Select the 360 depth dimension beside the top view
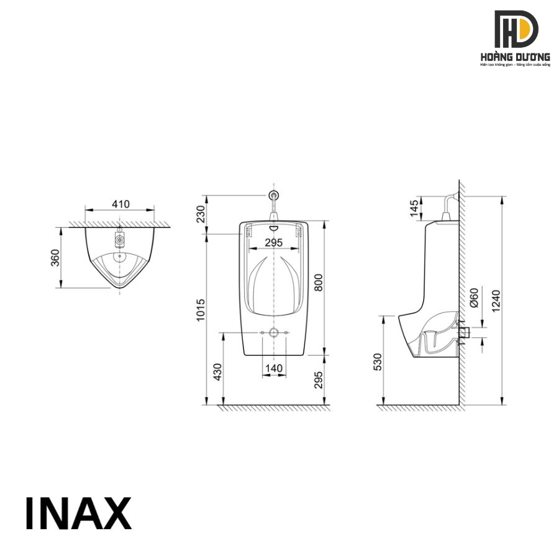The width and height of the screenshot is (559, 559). point(55,258)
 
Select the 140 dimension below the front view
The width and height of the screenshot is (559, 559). point(273,368)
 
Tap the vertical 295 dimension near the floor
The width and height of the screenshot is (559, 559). point(319,380)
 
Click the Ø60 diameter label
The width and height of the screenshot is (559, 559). point(474,298)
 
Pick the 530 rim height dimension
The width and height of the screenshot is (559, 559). point(378,361)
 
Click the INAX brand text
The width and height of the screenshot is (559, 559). point(78,514)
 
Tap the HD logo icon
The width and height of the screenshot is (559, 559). point(516,29)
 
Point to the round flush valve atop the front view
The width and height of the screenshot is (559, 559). point(273,196)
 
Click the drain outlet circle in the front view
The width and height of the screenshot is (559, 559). point(273,333)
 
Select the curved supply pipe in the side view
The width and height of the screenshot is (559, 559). point(450,202)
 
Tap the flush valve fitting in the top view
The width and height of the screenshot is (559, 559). point(119,237)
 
